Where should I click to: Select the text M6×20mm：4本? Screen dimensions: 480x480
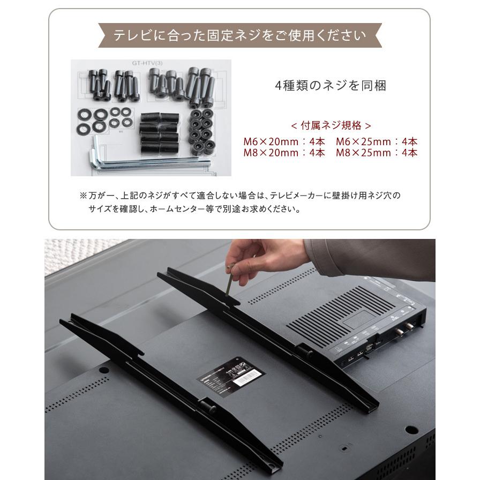tap(284, 142)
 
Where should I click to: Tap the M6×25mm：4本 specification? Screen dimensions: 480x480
tap(377, 142)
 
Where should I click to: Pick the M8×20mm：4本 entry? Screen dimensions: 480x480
tap(284, 153)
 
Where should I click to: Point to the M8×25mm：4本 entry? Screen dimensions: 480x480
tap(377, 153)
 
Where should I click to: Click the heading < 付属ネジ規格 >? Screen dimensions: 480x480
tap(331, 126)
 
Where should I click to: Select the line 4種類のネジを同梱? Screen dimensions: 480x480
tap(330, 86)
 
